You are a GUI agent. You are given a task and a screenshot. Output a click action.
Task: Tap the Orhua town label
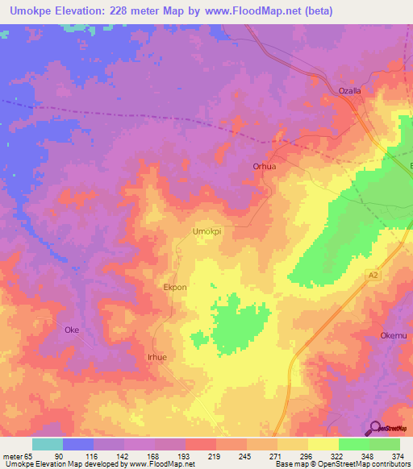point(265,167)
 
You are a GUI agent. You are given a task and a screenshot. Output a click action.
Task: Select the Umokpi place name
point(206,231)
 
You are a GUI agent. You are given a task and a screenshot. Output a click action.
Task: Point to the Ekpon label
point(176,287)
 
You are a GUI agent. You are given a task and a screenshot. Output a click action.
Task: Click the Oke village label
point(72,330)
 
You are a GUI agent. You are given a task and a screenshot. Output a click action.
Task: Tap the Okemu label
point(394,335)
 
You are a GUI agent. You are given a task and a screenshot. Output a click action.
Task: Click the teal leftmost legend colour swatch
point(48,444)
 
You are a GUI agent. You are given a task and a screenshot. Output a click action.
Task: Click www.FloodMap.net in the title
point(252,12)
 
